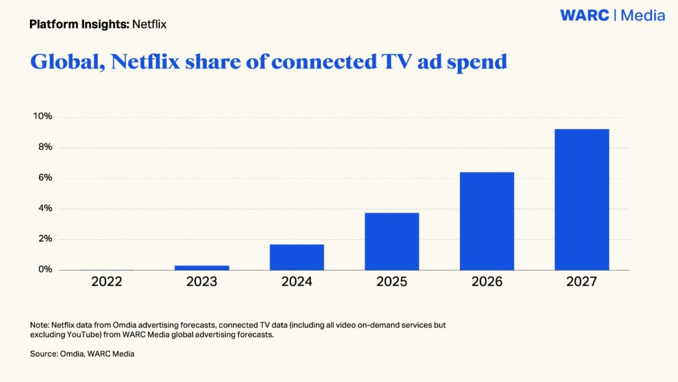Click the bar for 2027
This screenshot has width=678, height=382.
[581, 199]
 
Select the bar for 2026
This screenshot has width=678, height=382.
[486, 221]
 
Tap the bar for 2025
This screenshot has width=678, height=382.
[392, 241]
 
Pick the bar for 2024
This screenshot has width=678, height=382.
[297, 257]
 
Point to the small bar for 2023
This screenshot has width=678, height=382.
[202, 267]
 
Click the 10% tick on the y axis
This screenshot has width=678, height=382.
[42, 117]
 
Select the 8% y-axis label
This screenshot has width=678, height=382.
[45, 147]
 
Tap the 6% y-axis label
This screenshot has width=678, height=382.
[45, 178]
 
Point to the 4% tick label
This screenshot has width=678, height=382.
[45, 208]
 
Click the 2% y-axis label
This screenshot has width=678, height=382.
[45, 239]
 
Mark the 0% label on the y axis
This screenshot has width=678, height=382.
[45, 269]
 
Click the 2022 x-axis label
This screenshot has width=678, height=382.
[107, 282]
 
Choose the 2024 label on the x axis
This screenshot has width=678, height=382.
[297, 282]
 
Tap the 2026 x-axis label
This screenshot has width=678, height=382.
[486, 282]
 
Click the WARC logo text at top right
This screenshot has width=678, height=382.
[584, 15]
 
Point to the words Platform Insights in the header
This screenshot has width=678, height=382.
[79, 24]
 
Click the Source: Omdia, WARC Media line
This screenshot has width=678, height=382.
[82, 354]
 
